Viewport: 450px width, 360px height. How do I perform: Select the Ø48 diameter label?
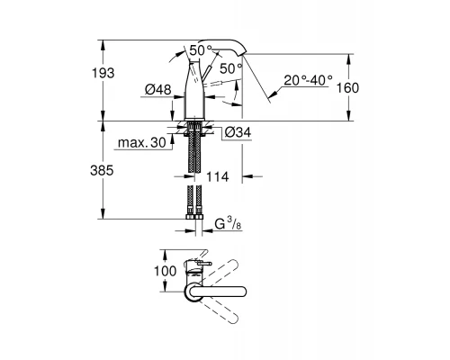click(158, 88)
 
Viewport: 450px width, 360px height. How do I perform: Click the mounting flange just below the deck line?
click(197, 127)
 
